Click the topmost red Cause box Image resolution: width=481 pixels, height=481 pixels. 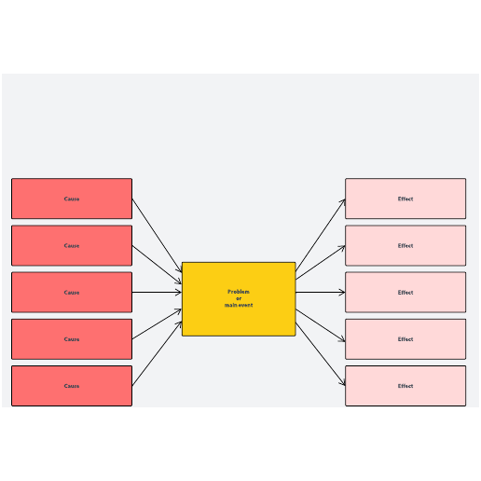(x=72, y=199)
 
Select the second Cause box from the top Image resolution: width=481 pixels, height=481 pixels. (x=72, y=245)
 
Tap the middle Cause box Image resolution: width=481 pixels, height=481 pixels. (x=72, y=292)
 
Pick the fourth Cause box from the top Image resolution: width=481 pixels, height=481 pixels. (x=72, y=339)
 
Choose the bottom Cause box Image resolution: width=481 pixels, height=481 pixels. (x=72, y=386)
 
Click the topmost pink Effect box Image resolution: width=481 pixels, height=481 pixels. (x=405, y=199)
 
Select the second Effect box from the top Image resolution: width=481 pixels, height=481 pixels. (x=405, y=245)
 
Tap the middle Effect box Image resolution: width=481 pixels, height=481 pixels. (x=405, y=292)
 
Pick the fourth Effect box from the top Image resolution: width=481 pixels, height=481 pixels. (x=405, y=339)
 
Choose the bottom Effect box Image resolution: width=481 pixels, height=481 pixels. (x=405, y=386)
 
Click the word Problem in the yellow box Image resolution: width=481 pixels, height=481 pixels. (x=239, y=292)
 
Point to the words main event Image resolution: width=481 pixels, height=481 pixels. (x=239, y=305)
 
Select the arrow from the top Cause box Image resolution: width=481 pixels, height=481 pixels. (x=157, y=236)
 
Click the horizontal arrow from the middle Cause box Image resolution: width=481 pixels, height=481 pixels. (x=157, y=292)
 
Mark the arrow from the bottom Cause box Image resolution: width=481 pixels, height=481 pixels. (x=157, y=353)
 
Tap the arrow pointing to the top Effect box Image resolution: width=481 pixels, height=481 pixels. (x=321, y=235)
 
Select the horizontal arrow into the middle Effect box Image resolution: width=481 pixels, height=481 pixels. (x=321, y=292)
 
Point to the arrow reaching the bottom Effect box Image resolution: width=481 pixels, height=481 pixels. (x=321, y=354)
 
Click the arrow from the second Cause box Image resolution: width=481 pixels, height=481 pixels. (x=157, y=265)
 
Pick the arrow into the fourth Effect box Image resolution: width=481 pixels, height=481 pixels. (x=321, y=325)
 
